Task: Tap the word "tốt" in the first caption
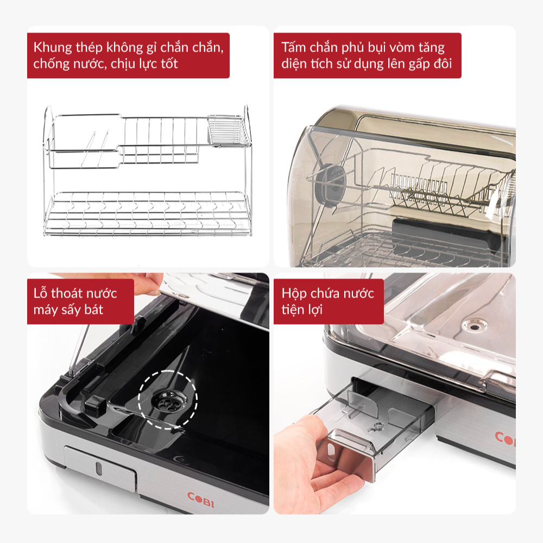[x=169, y=64]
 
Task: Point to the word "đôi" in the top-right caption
[x=443, y=64]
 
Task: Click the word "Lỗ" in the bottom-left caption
[x=41, y=293]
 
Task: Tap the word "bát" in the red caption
[x=93, y=310]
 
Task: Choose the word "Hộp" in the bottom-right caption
[x=294, y=294]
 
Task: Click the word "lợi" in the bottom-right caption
[x=314, y=310]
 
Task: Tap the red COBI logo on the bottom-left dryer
[x=200, y=500]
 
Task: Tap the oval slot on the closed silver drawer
[x=99, y=468]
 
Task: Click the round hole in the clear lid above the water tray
[x=475, y=326]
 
